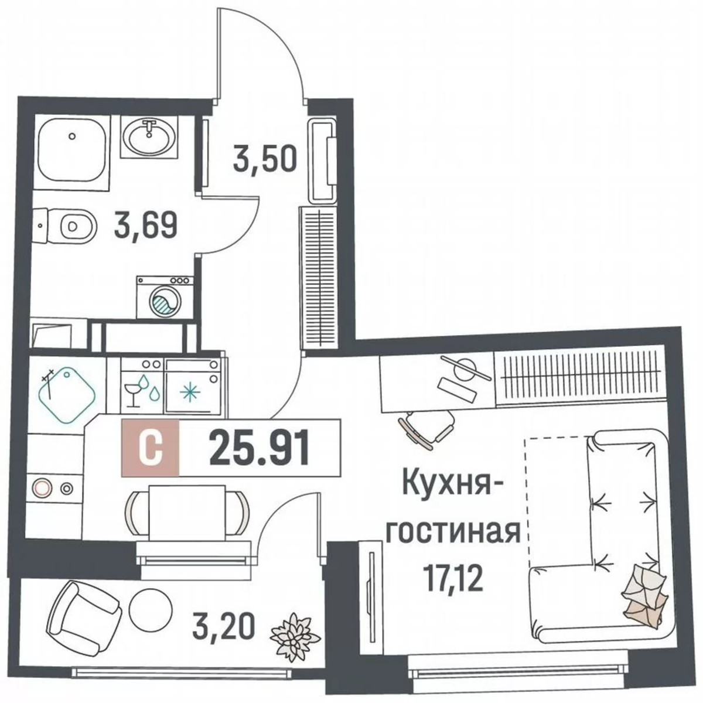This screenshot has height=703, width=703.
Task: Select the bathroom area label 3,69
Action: click(x=145, y=226)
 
